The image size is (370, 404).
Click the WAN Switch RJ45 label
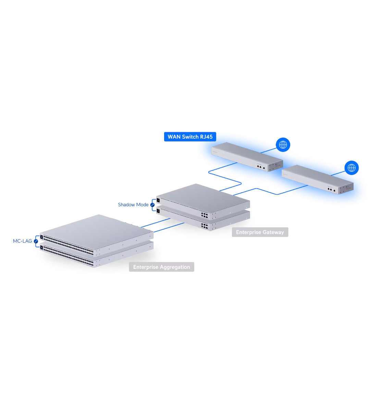[190, 137]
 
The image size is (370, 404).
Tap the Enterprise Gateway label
[260, 232]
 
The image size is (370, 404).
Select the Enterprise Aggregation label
[161, 267]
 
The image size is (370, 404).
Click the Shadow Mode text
[133, 205]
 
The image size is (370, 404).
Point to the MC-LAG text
[22, 241]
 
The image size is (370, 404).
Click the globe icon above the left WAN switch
[283, 144]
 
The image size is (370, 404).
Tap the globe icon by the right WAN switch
[351, 168]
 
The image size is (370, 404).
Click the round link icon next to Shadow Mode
[152, 205]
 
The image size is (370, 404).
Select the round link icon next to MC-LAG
[36, 241]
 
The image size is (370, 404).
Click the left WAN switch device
[247, 157]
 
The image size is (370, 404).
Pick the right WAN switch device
[318, 179]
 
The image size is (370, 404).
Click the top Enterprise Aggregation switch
[97, 235]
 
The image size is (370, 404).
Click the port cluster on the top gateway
[205, 215]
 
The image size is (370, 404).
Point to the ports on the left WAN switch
[261, 167]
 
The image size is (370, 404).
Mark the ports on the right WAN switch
[331, 190]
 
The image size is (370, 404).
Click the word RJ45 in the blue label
[206, 137]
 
